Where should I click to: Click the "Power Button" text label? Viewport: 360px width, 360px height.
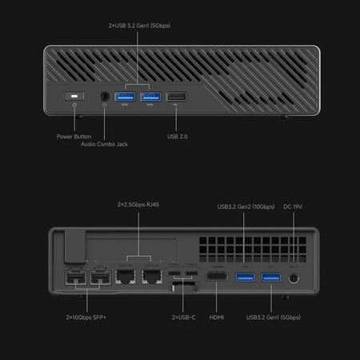(74, 136)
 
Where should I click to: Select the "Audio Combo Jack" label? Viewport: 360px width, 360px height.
(105, 144)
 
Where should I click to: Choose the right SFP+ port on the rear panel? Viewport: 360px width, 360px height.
(100, 279)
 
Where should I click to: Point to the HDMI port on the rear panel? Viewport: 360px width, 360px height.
(216, 278)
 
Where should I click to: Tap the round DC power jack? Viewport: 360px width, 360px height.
(295, 278)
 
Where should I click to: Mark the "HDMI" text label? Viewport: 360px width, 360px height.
(216, 318)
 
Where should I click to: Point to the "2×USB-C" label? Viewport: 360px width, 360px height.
(184, 318)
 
